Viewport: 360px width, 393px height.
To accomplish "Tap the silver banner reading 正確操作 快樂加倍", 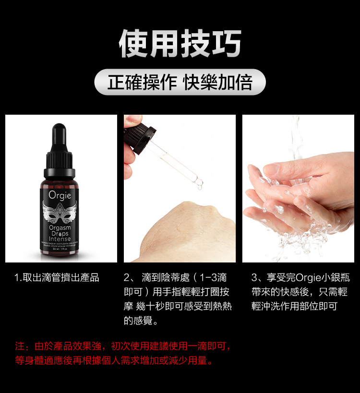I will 180,82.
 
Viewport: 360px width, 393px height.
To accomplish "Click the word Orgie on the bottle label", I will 60,195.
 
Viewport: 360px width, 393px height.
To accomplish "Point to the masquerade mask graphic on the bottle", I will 60,212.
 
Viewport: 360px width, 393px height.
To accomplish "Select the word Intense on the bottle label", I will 60,239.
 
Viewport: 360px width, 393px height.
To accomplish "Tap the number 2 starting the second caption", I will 127,278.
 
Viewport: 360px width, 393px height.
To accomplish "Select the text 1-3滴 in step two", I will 213,278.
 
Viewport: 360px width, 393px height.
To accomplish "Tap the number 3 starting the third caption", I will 254,278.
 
